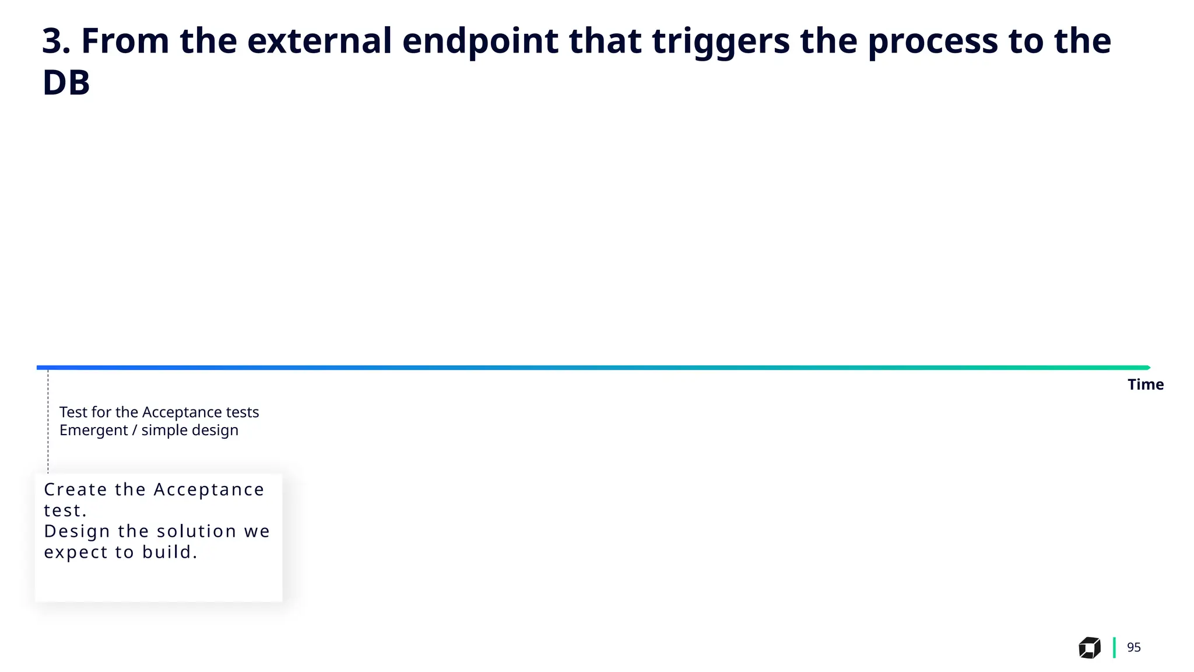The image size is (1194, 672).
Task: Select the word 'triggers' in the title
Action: click(720, 42)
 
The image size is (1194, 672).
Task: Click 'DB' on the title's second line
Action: click(66, 83)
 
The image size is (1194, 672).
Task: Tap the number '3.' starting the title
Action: click(56, 41)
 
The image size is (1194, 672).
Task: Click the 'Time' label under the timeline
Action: click(1145, 384)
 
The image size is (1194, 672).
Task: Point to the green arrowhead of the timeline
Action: click(1147, 367)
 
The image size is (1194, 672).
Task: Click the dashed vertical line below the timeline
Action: click(48, 420)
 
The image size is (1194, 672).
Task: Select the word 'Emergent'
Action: click(93, 430)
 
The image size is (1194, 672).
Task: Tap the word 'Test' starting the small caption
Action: click(73, 412)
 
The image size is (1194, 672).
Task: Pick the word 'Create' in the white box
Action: click(75, 489)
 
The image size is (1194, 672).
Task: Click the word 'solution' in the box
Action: click(196, 531)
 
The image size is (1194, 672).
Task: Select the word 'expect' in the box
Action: click(76, 552)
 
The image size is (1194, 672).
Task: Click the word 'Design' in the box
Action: click(77, 532)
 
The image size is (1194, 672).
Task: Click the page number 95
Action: click(1133, 647)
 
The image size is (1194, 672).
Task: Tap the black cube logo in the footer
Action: click(1089, 647)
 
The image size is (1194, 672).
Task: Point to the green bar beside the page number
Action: click(1114, 647)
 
